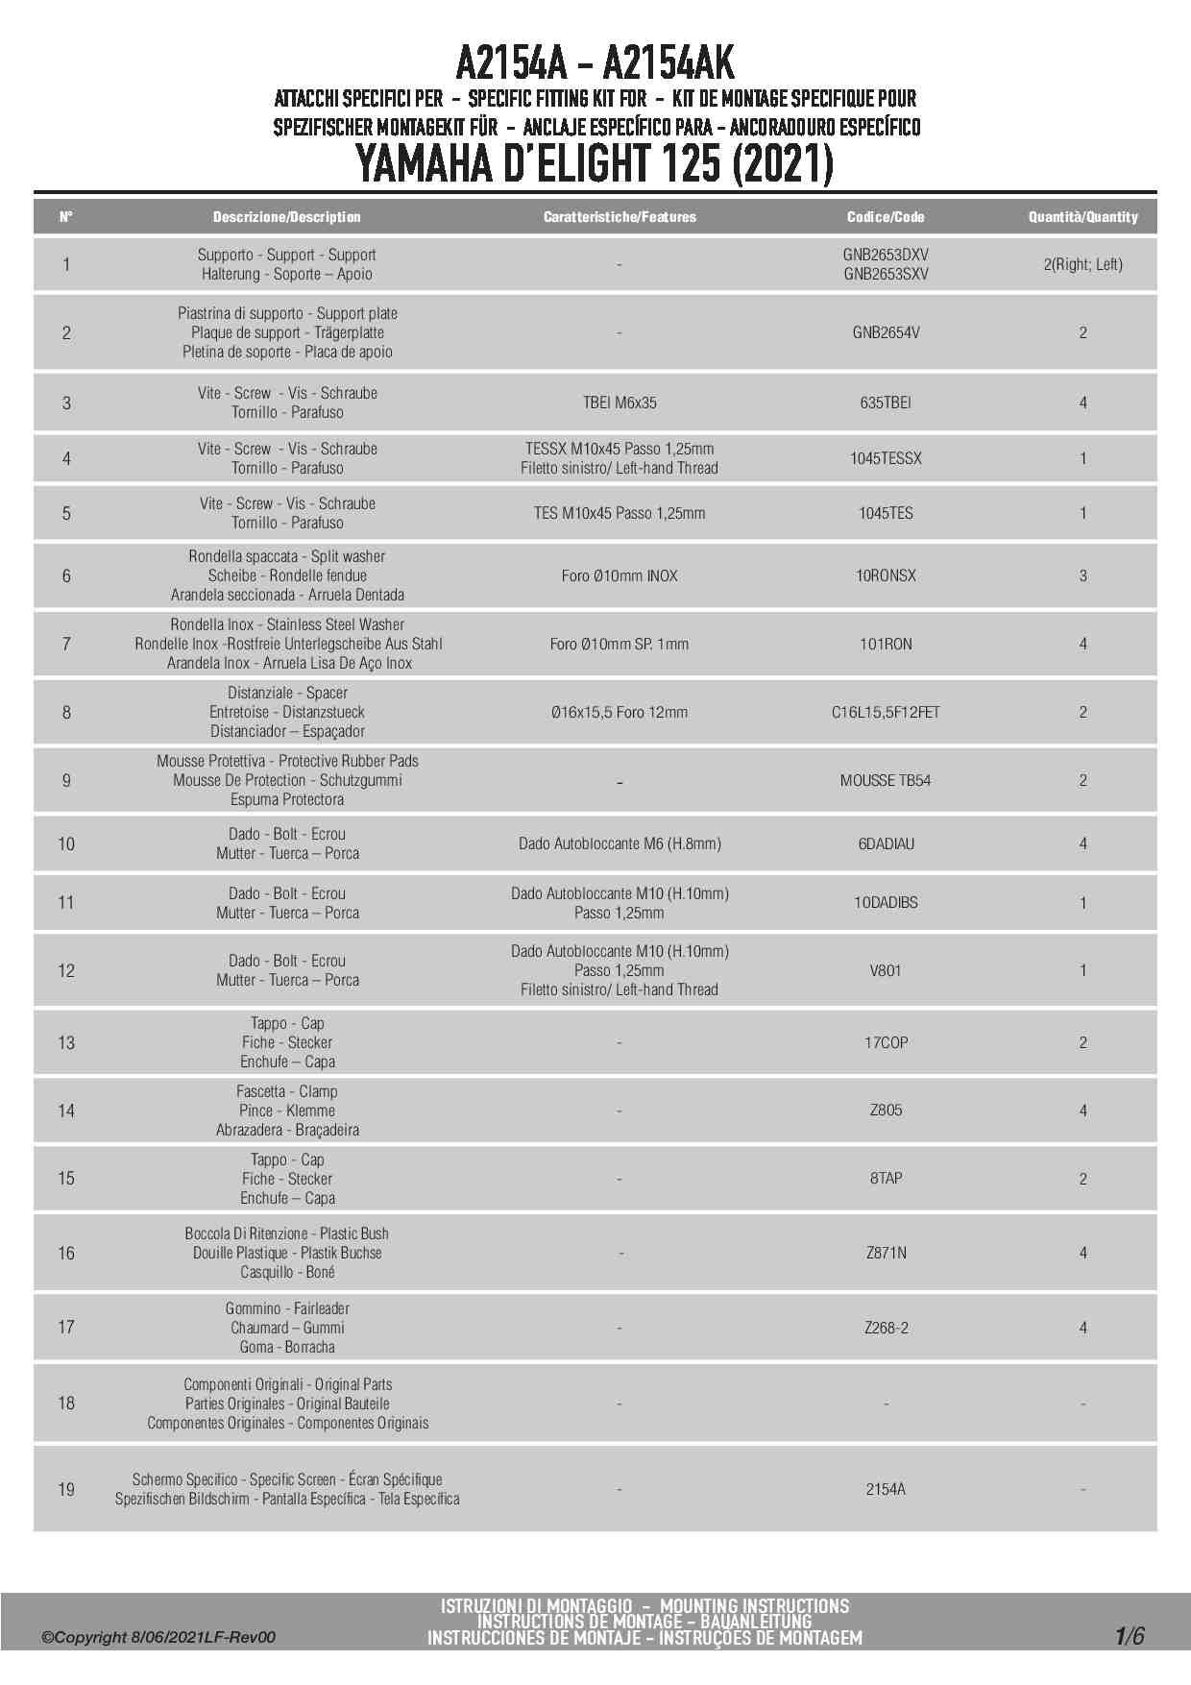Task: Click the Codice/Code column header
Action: pos(886,217)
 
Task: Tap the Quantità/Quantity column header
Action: pos(1082,217)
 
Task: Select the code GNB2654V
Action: pos(886,332)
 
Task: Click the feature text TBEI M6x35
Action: pos(620,403)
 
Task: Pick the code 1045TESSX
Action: pos(886,458)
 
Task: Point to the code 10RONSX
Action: pos(886,575)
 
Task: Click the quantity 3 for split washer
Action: pos(1082,575)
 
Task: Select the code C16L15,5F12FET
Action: pos(886,712)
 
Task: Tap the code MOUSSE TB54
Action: pos(886,780)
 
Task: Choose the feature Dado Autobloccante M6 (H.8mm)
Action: pos(620,843)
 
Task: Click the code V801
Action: pos(886,970)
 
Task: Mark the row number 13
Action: pos(66,1042)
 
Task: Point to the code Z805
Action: pos(886,1110)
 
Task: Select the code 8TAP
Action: pos(886,1178)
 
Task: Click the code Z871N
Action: pos(886,1253)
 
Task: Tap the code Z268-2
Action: pos(886,1328)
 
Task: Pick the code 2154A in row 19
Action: pos(886,1489)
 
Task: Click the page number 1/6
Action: pos(1130,1636)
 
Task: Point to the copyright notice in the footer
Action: pos(158,1637)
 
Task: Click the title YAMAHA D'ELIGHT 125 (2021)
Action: pos(595,163)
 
